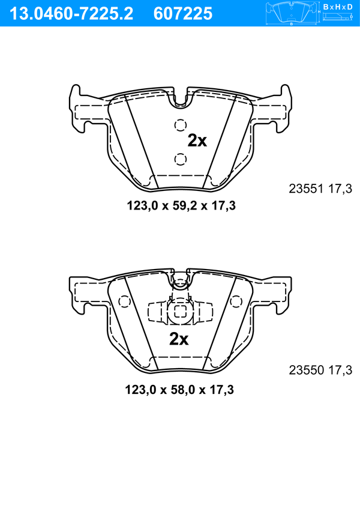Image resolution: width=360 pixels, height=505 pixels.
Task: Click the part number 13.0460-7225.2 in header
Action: coord(71,14)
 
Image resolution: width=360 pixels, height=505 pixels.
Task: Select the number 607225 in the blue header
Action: coord(183,14)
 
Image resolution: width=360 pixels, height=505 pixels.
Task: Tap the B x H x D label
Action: coord(338,7)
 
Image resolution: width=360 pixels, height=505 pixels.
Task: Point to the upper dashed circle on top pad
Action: coord(181,125)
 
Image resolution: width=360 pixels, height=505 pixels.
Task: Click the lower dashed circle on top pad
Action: coord(181,159)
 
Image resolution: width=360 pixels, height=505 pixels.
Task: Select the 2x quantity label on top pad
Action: coord(197,141)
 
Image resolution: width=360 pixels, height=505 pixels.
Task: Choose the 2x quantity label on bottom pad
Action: coord(179,339)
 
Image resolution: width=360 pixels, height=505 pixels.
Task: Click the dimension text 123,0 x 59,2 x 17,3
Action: coord(181,205)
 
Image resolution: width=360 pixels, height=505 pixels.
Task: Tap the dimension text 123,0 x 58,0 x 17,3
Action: coord(179,390)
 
